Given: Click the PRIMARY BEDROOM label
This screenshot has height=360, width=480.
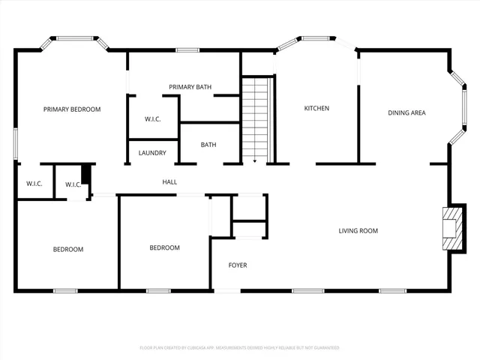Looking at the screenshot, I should point(72,109).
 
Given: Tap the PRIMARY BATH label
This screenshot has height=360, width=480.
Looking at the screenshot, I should point(190,87).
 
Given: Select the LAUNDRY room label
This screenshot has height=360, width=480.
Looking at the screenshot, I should point(152,153).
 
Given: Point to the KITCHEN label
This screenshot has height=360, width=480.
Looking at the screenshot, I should point(316,109).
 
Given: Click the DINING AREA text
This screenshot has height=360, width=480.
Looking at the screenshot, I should point(406,113).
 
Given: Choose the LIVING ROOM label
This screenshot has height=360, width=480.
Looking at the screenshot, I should point(358,231).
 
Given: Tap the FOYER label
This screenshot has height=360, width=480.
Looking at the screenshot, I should point(238,265).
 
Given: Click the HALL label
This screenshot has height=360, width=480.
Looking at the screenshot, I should point(169,182).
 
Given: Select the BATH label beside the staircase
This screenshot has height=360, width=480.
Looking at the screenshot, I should point(208,145).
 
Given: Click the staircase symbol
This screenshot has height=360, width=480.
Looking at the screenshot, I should point(255,116).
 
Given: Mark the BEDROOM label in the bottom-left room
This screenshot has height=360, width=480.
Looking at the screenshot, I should point(67,249).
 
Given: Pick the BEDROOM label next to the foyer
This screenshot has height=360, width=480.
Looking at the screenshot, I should point(164,247).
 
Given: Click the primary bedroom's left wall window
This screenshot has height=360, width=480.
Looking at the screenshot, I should point(16,143).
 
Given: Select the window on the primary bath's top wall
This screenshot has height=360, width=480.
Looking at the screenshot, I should point(187,50).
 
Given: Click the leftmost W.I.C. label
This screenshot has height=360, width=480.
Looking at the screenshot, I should point(34,184).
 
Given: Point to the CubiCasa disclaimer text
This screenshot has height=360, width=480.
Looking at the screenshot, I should point(239,348).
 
